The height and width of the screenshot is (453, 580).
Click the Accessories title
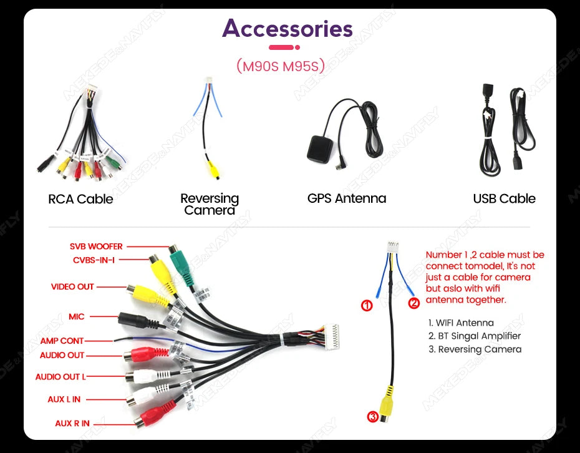[x=287, y=29]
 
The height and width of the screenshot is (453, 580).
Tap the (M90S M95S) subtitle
[x=281, y=66]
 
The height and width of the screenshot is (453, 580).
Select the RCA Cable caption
[x=80, y=199]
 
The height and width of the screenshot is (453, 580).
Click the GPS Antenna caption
[x=347, y=198]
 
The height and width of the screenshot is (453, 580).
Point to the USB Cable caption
[x=504, y=198]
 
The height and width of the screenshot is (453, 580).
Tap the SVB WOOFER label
[x=96, y=246]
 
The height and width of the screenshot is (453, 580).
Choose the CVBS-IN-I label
[x=94, y=260]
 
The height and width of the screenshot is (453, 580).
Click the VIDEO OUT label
[x=72, y=287]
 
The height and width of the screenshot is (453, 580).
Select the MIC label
[x=77, y=317]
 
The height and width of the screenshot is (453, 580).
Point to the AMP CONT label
[x=62, y=341]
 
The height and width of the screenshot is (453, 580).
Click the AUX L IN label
[x=64, y=399]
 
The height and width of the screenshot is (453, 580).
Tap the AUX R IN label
[x=72, y=424]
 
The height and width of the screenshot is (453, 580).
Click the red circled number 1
[x=367, y=306]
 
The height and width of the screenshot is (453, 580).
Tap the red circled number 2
[x=413, y=303]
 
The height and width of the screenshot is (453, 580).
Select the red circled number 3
[x=373, y=417]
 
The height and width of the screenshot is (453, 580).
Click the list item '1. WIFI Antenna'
[x=461, y=323]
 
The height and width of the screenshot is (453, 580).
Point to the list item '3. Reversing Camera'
[x=475, y=349]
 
